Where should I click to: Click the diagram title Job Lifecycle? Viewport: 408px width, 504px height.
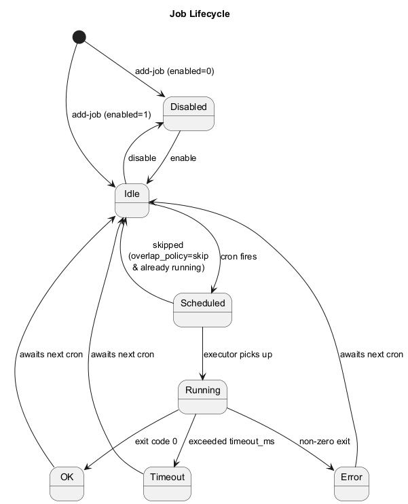tap(200, 13)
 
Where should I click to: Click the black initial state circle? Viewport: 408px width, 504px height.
tap(79, 37)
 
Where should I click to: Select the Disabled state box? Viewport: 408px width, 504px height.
tap(189, 113)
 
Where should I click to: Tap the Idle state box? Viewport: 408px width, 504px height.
tap(132, 200)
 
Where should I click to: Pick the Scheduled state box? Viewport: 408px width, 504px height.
tap(202, 310)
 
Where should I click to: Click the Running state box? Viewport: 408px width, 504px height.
tap(202, 397)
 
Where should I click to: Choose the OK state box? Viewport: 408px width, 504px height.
tap(67, 484)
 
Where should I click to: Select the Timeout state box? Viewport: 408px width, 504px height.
tap(167, 484)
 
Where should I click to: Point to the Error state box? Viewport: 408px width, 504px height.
tap(352, 484)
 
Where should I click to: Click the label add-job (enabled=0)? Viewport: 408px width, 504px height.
tap(174, 71)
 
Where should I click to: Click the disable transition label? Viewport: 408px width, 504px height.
tap(142, 158)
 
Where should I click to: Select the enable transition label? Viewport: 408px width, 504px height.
tap(183, 158)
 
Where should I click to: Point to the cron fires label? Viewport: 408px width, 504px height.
tap(239, 257)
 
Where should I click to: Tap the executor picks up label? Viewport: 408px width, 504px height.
tap(238, 355)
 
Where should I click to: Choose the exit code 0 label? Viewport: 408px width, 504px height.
tap(156, 442)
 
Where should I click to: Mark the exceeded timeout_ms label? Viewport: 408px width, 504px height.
tap(231, 442)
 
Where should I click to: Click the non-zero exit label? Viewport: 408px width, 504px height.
tap(324, 442)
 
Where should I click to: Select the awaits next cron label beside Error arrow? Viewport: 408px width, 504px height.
tap(371, 355)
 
